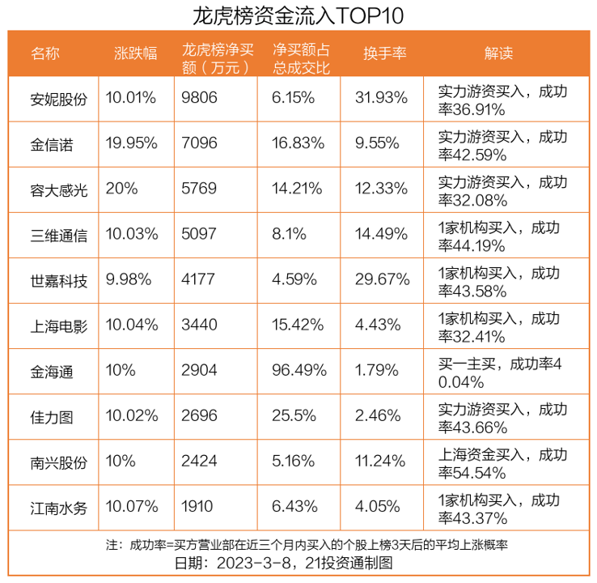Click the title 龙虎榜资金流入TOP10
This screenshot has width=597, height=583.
(x=298, y=15)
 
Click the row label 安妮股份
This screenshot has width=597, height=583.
(x=58, y=99)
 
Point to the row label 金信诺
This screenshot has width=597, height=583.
(x=52, y=144)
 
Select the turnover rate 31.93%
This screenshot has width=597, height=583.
(x=381, y=99)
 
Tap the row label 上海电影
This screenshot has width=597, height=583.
(x=58, y=326)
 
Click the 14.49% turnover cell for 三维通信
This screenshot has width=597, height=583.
(x=381, y=236)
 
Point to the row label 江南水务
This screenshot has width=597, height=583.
(x=58, y=509)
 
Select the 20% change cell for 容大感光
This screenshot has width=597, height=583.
(x=121, y=189)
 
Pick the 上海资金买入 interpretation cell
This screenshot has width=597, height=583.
(x=501, y=463)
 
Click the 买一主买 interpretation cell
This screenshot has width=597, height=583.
(x=501, y=372)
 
